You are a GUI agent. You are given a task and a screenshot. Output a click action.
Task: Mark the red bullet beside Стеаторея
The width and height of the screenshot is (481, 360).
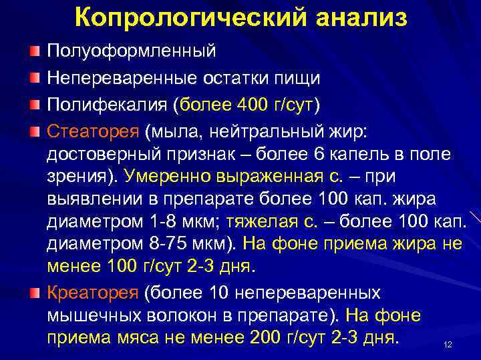pyautogui.click(x=34, y=132)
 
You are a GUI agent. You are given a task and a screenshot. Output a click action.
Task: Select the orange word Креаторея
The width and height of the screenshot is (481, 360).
pyautogui.click(x=92, y=292)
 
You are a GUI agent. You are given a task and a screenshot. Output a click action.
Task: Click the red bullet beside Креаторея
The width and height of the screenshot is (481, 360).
pyautogui.click(x=34, y=291)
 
